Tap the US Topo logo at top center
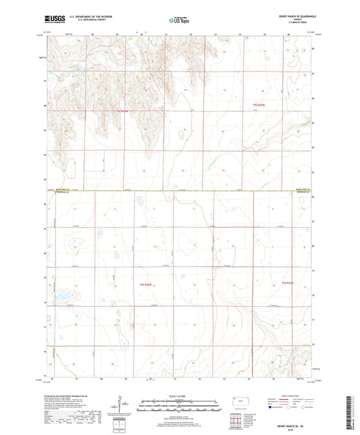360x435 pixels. pyautogui.click(x=178, y=20)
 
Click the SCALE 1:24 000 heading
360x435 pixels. pyautogui.click(x=179, y=394)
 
